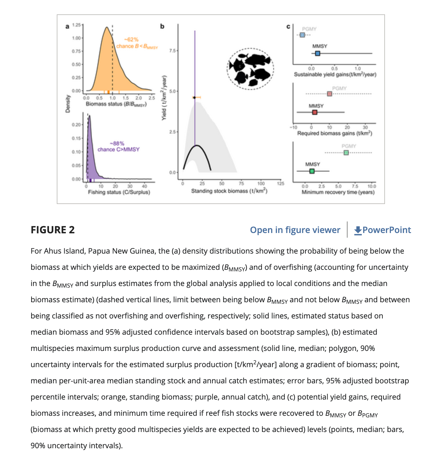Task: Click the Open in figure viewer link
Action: click(x=295, y=230)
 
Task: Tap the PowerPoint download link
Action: click(x=382, y=230)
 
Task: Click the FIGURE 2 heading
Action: click(x=53, y=230)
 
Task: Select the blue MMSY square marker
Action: click(x=318, y=54)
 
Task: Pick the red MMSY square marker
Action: click(x=315, y=112)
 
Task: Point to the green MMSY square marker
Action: click(x=312, y=171)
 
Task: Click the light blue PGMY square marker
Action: click(x=302, y=35)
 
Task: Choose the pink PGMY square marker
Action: click(x=329, y=94)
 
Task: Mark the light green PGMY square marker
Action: click(x=346, y=153)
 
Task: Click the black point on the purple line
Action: click(x=194, y=98)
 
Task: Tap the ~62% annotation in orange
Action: click(x=131, y=40)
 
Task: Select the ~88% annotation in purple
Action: click(x=117, y=143)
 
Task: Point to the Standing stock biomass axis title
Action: click(x=229, y=191)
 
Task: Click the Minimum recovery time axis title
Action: click(x=338, y=192)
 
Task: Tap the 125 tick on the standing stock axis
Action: click(x=280, y=183)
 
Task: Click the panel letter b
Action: click(x=162, y=27)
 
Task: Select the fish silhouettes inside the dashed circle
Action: click(x=250, y=69)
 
